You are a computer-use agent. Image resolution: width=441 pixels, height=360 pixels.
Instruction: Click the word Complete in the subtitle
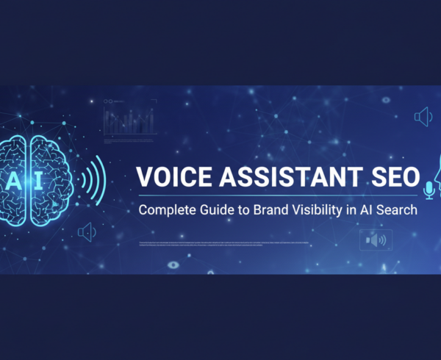(x=168, y=210)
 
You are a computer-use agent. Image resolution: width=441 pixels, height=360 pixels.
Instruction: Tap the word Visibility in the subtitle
(x=320, y=210)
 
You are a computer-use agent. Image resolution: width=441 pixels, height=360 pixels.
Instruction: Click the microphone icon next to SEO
(x=429, y=192)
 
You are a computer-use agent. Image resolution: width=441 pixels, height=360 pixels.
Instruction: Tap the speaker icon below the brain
(x=87, y=233)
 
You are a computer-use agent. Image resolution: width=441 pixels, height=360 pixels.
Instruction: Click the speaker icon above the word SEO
(x=422, y=116)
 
